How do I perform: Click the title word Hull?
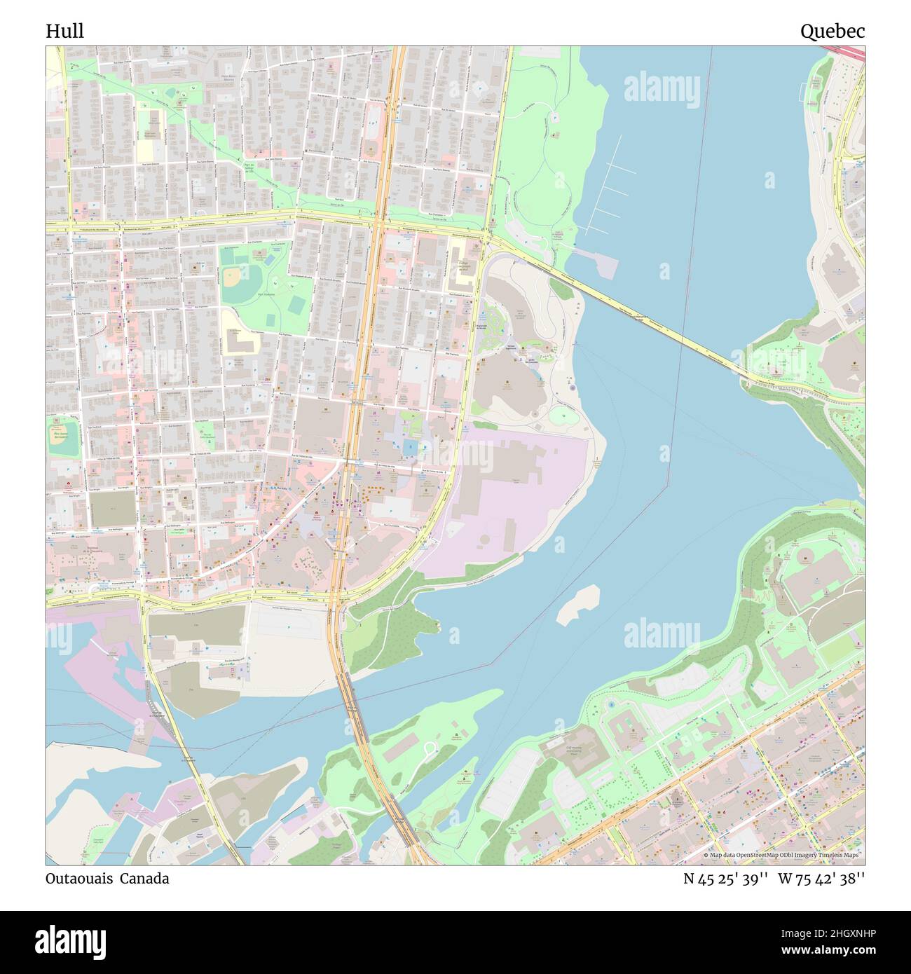(64, 31)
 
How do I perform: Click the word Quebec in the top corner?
(833, 31)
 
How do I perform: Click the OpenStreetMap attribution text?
(783, 856)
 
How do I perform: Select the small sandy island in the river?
(579, 604)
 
